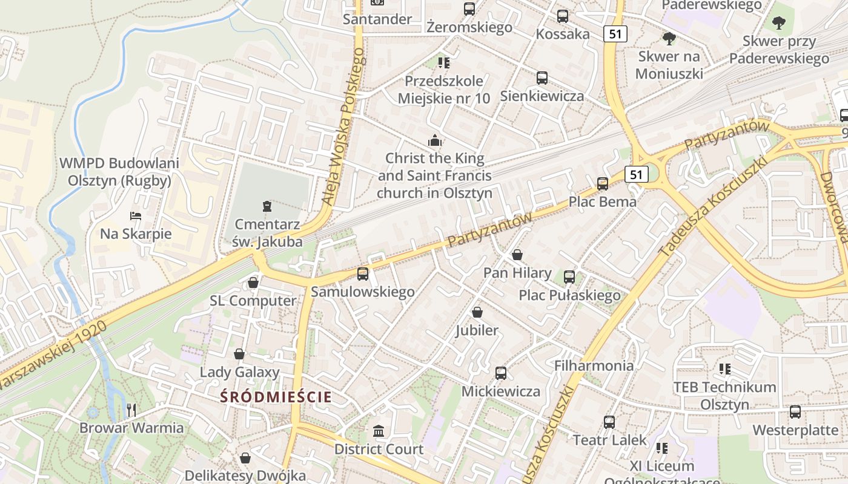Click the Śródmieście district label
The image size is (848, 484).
[x=276, y=397]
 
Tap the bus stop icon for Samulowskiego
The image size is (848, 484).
[x=363, y=274]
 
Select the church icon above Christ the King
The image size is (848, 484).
[x=435, y=142]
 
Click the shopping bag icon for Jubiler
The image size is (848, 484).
[x=477, y=312]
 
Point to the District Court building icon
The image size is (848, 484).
[x=379, y=431]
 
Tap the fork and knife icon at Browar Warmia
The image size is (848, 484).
[x=131, y=410]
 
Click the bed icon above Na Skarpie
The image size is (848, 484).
[x=136, y=216]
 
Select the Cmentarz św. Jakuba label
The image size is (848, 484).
[x=267, y=233]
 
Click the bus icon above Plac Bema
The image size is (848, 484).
[x=603, y=184]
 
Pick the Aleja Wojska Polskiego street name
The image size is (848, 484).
[x=346, y=127]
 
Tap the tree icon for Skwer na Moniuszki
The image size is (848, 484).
[x=669, y=39]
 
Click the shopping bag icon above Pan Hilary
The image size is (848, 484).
[x=517, y=255]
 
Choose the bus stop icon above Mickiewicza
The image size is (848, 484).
[x=501, y=373]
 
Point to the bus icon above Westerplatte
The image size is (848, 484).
[x=795, y=412]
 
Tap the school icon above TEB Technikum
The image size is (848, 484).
[x=724, y=368]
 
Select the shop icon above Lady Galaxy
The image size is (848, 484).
[x=240, y=354]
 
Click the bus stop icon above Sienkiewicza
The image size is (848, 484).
[x=542, y=78]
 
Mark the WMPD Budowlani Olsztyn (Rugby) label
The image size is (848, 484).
[x=119, y=172]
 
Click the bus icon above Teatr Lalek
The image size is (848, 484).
[x=609, y=422]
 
